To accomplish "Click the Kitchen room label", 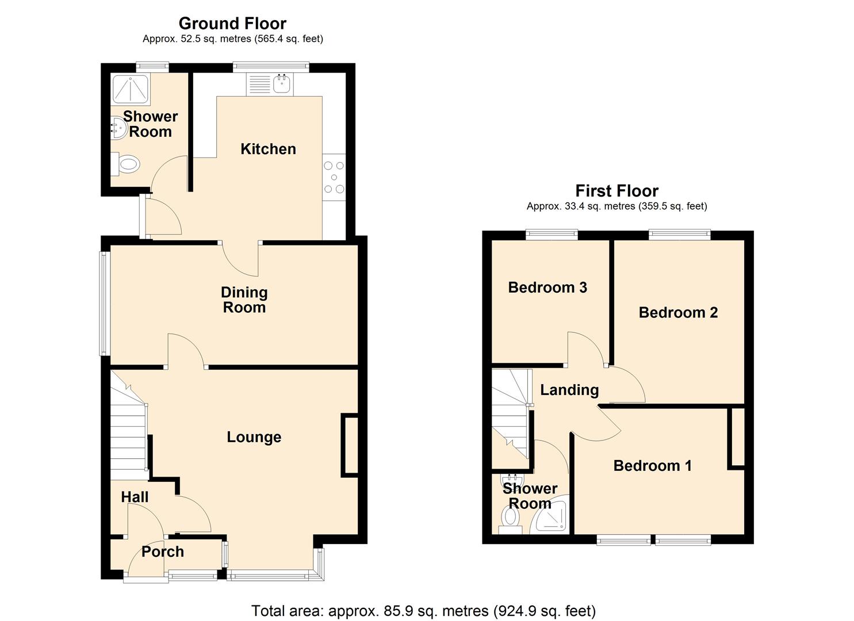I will [268, 149].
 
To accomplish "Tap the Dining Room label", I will [244, 300].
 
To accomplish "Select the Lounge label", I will [254, 437].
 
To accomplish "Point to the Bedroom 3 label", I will [547, 287].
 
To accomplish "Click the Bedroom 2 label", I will [678, 312].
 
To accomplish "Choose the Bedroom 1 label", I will [652, 465].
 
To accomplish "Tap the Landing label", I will [569, 390].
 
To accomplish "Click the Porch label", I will [163, 551].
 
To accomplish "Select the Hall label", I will [135, 497].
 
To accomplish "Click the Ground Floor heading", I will [232, 24].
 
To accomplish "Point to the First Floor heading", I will [616, 190].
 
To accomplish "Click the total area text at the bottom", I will [423, 611].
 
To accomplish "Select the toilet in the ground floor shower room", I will [125, 164].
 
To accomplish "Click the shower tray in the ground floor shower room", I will [129, 89].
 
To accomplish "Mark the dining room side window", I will [104, 303].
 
